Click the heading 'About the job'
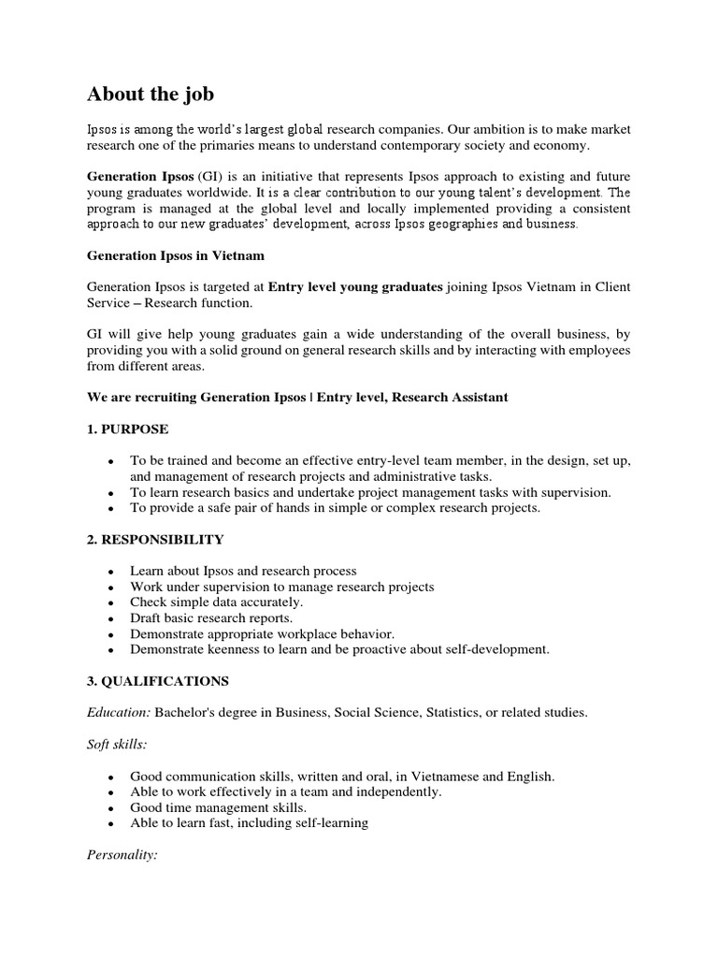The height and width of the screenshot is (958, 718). coord(151,94)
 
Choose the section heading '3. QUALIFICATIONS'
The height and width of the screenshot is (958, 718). coord(158,680)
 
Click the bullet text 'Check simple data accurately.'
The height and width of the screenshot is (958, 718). coord(216,602)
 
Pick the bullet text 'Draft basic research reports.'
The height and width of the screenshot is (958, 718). coord(211,618)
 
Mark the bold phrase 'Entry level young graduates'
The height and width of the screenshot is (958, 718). coord(355,286)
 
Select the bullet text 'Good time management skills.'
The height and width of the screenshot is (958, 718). coord(218,807)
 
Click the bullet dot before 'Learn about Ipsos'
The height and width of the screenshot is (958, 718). coord(112,572)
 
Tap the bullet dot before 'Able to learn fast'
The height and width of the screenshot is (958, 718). coord(112,824)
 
